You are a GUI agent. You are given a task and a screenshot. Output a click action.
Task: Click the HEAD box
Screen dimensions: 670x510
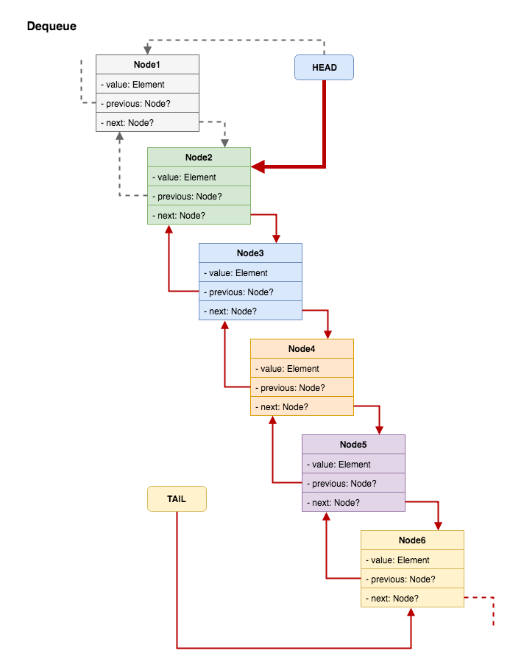pos(324,68)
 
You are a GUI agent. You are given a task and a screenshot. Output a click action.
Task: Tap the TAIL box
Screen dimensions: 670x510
pos(177,498)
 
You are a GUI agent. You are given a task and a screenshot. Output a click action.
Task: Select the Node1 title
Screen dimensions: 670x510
pos(147,65)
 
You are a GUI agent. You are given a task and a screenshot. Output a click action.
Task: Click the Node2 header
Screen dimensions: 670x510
pos(199,158)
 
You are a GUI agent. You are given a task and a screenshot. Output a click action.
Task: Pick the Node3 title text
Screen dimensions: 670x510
pos(250,253)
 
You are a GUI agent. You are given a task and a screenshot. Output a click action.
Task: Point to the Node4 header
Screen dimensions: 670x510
pos(302,349)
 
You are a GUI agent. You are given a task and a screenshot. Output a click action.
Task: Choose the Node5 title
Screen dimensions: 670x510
pos(353,445)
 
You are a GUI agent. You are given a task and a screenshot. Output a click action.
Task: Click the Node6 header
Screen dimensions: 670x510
pos(412,540)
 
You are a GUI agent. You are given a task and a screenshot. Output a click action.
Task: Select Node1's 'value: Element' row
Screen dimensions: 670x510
pos(147,85)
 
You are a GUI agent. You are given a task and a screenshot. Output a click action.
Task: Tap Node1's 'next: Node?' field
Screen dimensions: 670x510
pos(147,122)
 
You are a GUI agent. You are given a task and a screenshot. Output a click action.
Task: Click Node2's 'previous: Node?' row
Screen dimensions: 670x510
pos(199,197)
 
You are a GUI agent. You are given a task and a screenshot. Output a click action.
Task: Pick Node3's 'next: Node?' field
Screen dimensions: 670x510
pos(250,311)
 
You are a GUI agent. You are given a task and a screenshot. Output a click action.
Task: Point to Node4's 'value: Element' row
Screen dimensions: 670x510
pos(302,369)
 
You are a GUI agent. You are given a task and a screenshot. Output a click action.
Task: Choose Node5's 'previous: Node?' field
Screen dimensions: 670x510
pos(353,484)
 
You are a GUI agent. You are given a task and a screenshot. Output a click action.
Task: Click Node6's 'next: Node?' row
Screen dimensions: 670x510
pos(412,598)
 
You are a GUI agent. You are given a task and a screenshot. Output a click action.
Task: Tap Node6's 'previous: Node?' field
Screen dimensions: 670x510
pos(412,579)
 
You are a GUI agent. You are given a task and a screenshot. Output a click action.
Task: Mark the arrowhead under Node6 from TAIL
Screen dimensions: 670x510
pos(412,613)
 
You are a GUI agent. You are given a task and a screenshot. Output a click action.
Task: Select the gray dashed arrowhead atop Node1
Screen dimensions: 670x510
pos(147,50)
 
